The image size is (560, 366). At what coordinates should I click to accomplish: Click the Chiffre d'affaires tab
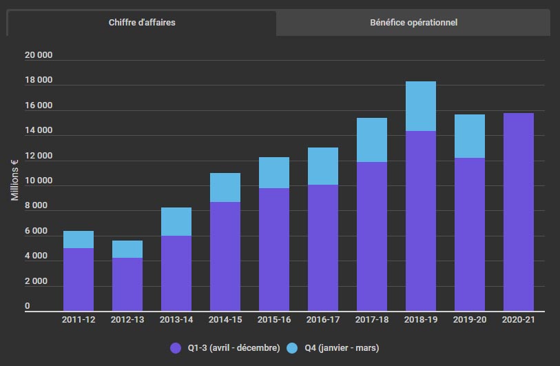pos(142,23)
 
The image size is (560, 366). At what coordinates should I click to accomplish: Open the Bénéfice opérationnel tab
pos(413,23)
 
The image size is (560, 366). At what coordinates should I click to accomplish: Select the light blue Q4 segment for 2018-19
pos(421,106)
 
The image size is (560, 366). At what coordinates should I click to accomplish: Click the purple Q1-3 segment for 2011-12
pos(79,279)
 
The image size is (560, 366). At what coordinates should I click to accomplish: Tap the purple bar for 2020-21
pos(519,212)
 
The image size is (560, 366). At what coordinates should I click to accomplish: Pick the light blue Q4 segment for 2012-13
pos(127,249)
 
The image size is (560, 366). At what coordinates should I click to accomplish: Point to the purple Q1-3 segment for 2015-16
pos(274,250)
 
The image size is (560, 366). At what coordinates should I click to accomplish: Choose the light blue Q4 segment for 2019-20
pos(470,136)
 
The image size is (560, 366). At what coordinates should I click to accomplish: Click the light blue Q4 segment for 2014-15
pos(225,187)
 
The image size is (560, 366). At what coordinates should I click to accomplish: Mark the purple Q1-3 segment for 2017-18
pos(372,236)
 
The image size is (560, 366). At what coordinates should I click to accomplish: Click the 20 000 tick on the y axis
pos(38,55)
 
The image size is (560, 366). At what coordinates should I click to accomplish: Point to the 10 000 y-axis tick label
pos(38,181)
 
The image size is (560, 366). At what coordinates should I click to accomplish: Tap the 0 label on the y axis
pos(28,306)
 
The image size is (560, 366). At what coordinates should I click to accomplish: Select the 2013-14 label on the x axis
pos(176,320)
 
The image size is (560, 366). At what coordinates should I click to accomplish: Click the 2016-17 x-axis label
pos(323,320)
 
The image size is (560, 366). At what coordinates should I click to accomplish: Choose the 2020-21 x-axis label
pos(519,320)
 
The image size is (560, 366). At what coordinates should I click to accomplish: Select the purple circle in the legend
pos(176,348)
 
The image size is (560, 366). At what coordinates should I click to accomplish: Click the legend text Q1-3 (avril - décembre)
pos(234,348)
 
